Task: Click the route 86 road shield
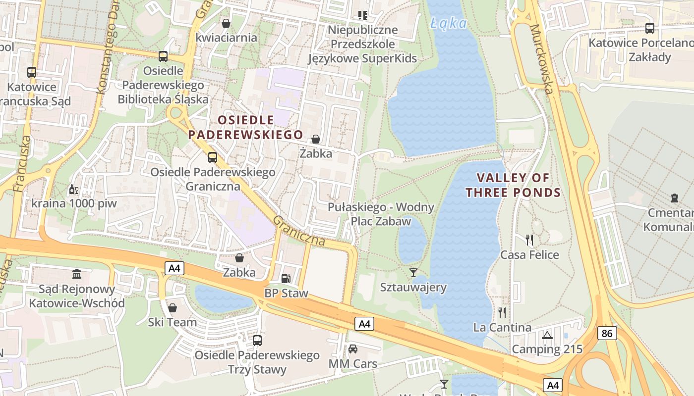point(607,333)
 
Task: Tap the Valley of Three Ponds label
point(513,185)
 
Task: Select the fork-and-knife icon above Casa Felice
point(529,240)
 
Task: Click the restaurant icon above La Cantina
point(502,312)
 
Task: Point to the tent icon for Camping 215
point(547,335)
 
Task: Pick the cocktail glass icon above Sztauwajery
point(413,272)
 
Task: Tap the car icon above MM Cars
point(353,349)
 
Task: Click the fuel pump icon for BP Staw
point(286,279)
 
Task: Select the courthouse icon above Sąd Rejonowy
point(77,274)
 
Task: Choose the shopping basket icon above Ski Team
point(173,308)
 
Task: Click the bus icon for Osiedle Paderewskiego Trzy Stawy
point(257,341)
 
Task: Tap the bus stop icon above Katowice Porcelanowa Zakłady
point(649,28)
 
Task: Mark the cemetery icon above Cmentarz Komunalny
point(674,198)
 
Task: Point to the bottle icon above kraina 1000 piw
point(73,189)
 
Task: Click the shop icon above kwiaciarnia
point(226,23)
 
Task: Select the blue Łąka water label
point(449,23)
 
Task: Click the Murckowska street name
point(541,59)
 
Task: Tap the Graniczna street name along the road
point(299,231)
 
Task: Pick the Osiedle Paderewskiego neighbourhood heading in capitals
point(245,127)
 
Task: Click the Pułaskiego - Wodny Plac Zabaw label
point(381,214)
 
